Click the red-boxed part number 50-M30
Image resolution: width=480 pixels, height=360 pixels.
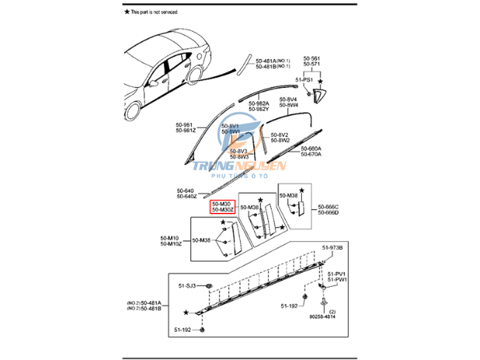click(x=222, y=203)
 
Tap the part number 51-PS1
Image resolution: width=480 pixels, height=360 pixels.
click(x=305, y=79)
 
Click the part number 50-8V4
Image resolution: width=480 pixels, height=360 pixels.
click(x=288, y=99)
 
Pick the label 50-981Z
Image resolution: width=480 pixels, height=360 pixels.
click(x=185, y=131)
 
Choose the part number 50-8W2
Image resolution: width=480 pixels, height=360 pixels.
click(x=279, y=140)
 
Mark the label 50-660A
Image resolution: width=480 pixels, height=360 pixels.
click(x=311, y=149)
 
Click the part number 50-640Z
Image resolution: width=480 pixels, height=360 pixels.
click(x=186, y=197)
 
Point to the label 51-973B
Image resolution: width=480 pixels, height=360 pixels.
click(x=332, y=247)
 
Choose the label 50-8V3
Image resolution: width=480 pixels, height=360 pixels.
click(x=239, y=151)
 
